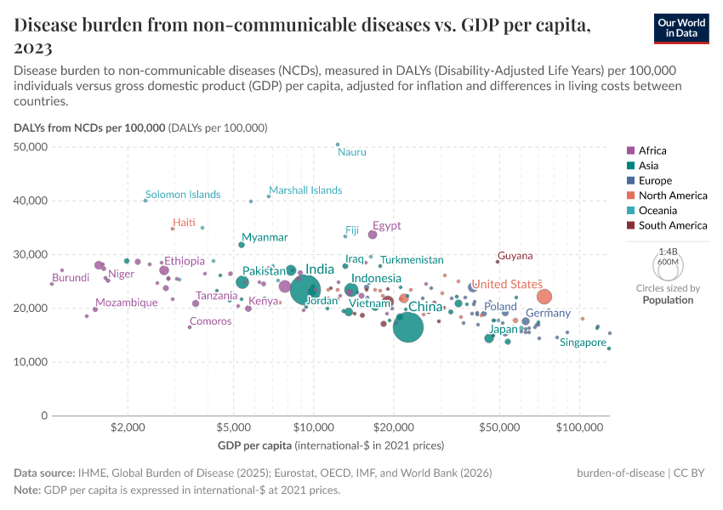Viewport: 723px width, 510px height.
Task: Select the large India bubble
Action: [305, 288]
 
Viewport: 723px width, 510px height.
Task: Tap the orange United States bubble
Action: [544, 297]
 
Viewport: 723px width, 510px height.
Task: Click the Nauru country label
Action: [352, 152]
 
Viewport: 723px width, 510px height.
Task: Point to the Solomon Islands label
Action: [183, 195]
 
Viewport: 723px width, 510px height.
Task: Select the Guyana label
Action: [515, 256]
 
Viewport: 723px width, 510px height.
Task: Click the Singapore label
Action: [584, 343]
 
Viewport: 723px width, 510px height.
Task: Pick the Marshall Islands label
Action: [305, 190]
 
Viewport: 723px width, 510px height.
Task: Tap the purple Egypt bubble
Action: [373, 235]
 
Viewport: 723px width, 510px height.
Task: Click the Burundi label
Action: [71, 278]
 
